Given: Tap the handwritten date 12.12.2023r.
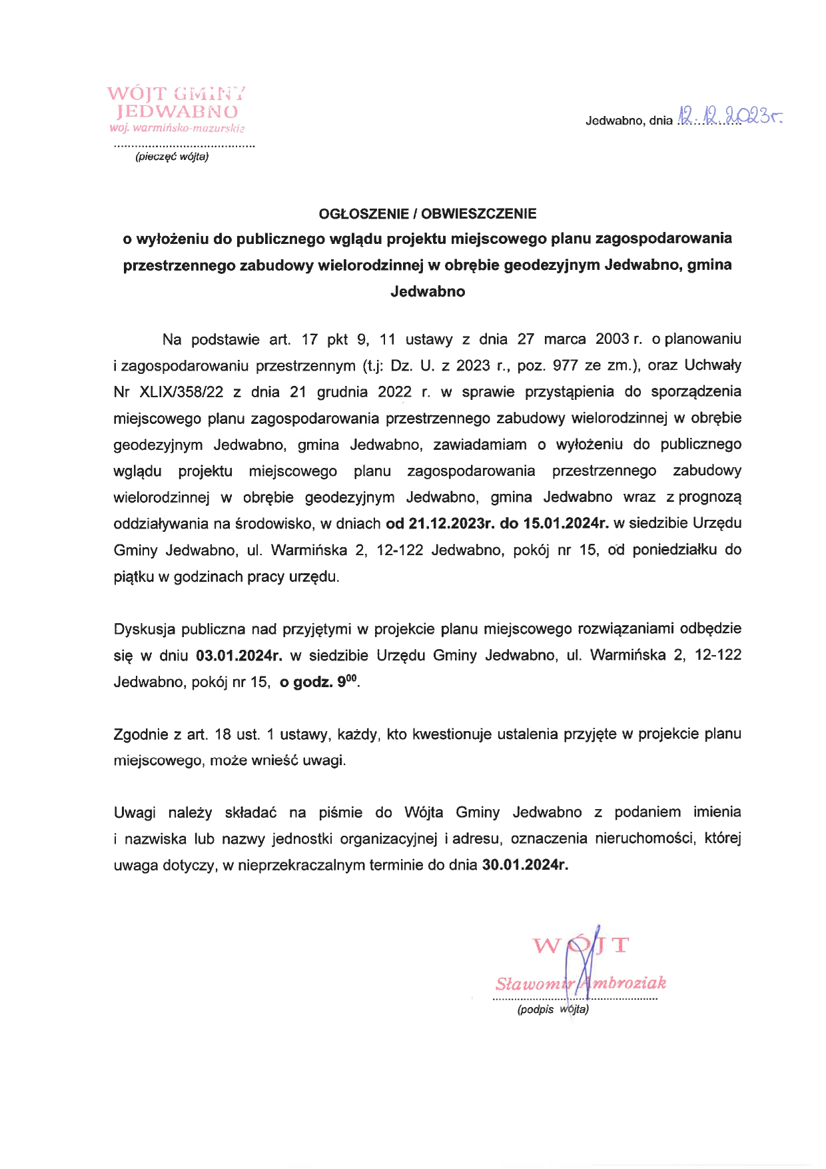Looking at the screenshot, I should pyautogui.click(x=729, y=117).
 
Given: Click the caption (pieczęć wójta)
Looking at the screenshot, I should pyautogui.click(x=172, y=157).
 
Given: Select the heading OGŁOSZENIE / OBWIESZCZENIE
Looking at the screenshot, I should pyautogui.click(x=428, y=214).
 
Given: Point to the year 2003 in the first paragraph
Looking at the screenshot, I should pyautogui.click(x=612, y=339).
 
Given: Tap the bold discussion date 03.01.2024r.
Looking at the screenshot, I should pyautogui.click(x=239, y=656).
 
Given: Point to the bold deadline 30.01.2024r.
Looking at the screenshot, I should pyautogui.click(x=525, y=866).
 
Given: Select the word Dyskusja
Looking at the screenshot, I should pyautogui.click(x=143, y=629).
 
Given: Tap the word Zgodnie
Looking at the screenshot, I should pyautogui.click(x=141, y=734).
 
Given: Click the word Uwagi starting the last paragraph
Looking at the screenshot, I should pyautogui.click(x=135, y=812).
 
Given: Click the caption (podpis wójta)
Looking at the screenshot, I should pyautogui.click(x=553, y=1009).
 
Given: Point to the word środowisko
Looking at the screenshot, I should pyautogui.click(x=274, y=524).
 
